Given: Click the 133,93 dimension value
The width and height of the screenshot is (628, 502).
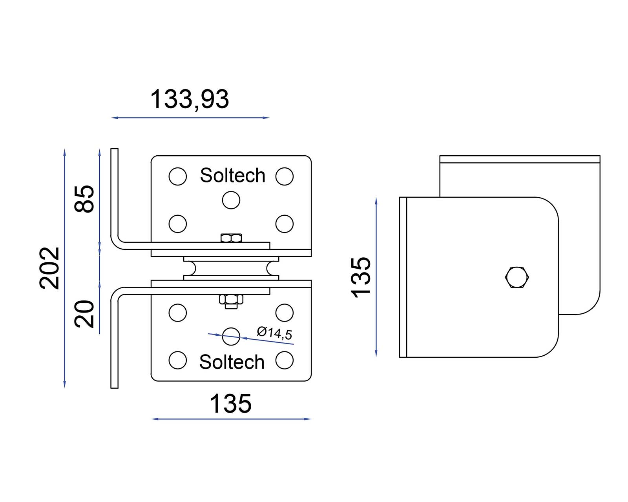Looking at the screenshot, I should [x=189, y=99].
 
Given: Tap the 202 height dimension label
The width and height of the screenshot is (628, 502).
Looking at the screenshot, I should [x=50, y=268].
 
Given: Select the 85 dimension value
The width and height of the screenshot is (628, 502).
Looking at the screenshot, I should [x=85, y=198].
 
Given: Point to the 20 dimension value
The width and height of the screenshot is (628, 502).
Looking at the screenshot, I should [x=85, y=314].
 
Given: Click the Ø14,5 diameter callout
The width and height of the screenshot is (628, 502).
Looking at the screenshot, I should [x=274, y=333].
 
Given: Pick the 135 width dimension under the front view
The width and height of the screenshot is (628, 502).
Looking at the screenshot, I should [x=230, y=404].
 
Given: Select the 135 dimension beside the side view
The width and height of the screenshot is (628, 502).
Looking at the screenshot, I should [x=361, y=277].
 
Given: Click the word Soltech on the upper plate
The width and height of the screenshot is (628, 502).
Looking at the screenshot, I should [x=232, y=175].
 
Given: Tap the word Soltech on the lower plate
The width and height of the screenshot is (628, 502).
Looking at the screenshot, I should [x=232, y=362].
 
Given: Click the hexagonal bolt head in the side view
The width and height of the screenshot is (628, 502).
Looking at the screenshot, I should [x=517, y=277].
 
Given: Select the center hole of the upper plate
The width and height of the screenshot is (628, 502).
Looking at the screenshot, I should [x=231, y=200].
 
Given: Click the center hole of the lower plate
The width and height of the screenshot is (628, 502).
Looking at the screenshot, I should [x=231, y=336].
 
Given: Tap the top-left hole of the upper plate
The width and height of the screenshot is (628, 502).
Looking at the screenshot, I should [x=177, y=176].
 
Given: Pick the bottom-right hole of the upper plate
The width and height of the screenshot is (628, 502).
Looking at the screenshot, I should [x=284, y=224].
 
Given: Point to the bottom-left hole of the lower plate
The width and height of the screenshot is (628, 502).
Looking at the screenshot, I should [x=177, y=360].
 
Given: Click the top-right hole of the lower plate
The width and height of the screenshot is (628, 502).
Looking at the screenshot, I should [x=284, y=313].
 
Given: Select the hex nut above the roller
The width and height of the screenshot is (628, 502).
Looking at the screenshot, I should [x=231, y=238].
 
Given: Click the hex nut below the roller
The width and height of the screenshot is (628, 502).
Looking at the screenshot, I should [x=231, y=300].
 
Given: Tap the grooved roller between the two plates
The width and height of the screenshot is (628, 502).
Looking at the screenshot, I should [x=231, y=268].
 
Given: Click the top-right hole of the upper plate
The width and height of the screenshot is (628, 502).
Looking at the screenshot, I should [x=284, y=176].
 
